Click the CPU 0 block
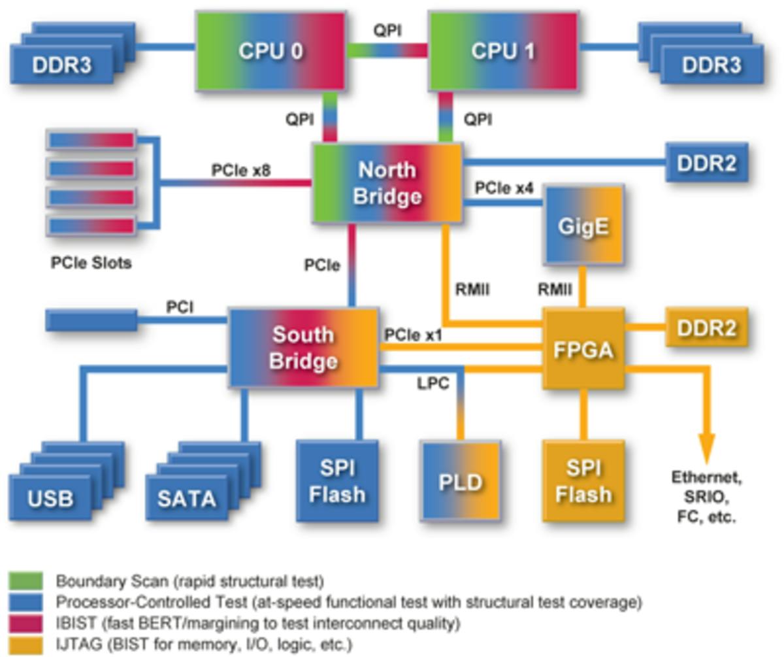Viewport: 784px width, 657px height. [x=270, y=51]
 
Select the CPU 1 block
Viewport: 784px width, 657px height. [x=502, y=51]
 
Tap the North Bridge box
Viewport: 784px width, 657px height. [x=387, y=183]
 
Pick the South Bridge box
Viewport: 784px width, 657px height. [x=303, y=348]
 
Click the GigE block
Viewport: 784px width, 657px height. [x=583, y=225]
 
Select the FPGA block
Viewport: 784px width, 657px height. [x=583, y=349]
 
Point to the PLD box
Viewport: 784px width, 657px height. [x=461, y=482]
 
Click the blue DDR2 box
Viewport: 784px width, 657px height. [x=706, y=163]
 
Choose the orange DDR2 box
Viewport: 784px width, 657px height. [x=706, y=328]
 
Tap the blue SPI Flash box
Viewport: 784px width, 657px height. [x=337, y=481]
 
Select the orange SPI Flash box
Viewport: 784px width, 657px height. [x=583, y=481]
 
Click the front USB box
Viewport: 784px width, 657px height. [x=51, y=498]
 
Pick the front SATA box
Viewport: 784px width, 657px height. [x=187, y=498]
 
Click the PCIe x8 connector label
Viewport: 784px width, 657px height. [x=241, y=170]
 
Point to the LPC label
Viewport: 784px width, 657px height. [x=433, y=384]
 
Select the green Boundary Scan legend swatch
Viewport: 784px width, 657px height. [x=25, y=581]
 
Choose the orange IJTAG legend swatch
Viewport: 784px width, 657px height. [x=25, y=645]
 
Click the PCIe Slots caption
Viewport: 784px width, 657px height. [x=91, y=263]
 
